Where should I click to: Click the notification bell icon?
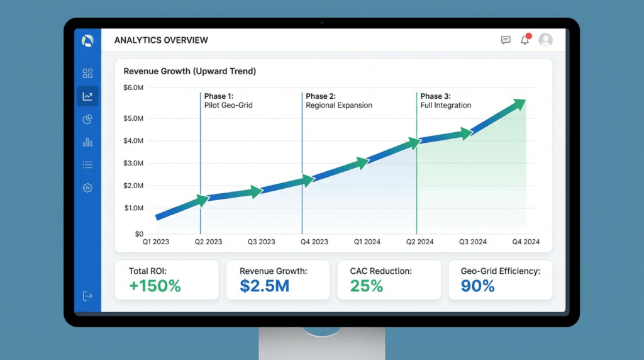525,40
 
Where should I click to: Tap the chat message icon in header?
506,40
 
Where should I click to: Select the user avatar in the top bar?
545,40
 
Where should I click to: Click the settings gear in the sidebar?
87,188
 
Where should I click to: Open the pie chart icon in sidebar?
87,120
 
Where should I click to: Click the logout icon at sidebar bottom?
87,296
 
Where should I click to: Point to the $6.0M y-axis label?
133,87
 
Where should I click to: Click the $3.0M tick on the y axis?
133,163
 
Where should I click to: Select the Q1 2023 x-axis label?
155,242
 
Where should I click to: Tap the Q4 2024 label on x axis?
526,242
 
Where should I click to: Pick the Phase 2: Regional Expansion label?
339,101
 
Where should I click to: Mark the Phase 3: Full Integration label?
445,101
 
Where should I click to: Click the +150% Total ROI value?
155,286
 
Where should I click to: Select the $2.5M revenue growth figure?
264,286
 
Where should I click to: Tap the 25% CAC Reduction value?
367,286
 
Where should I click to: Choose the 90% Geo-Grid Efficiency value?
478,286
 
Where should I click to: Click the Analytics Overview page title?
161,40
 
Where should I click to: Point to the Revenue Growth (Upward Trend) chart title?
189,72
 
